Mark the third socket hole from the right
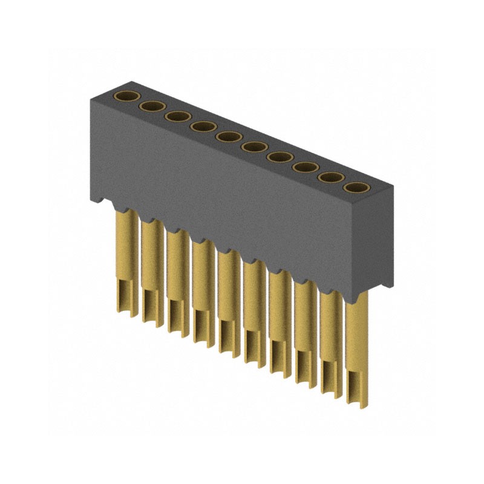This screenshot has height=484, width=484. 304,167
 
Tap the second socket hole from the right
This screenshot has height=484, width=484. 329,177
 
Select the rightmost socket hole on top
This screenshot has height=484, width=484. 355,188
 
